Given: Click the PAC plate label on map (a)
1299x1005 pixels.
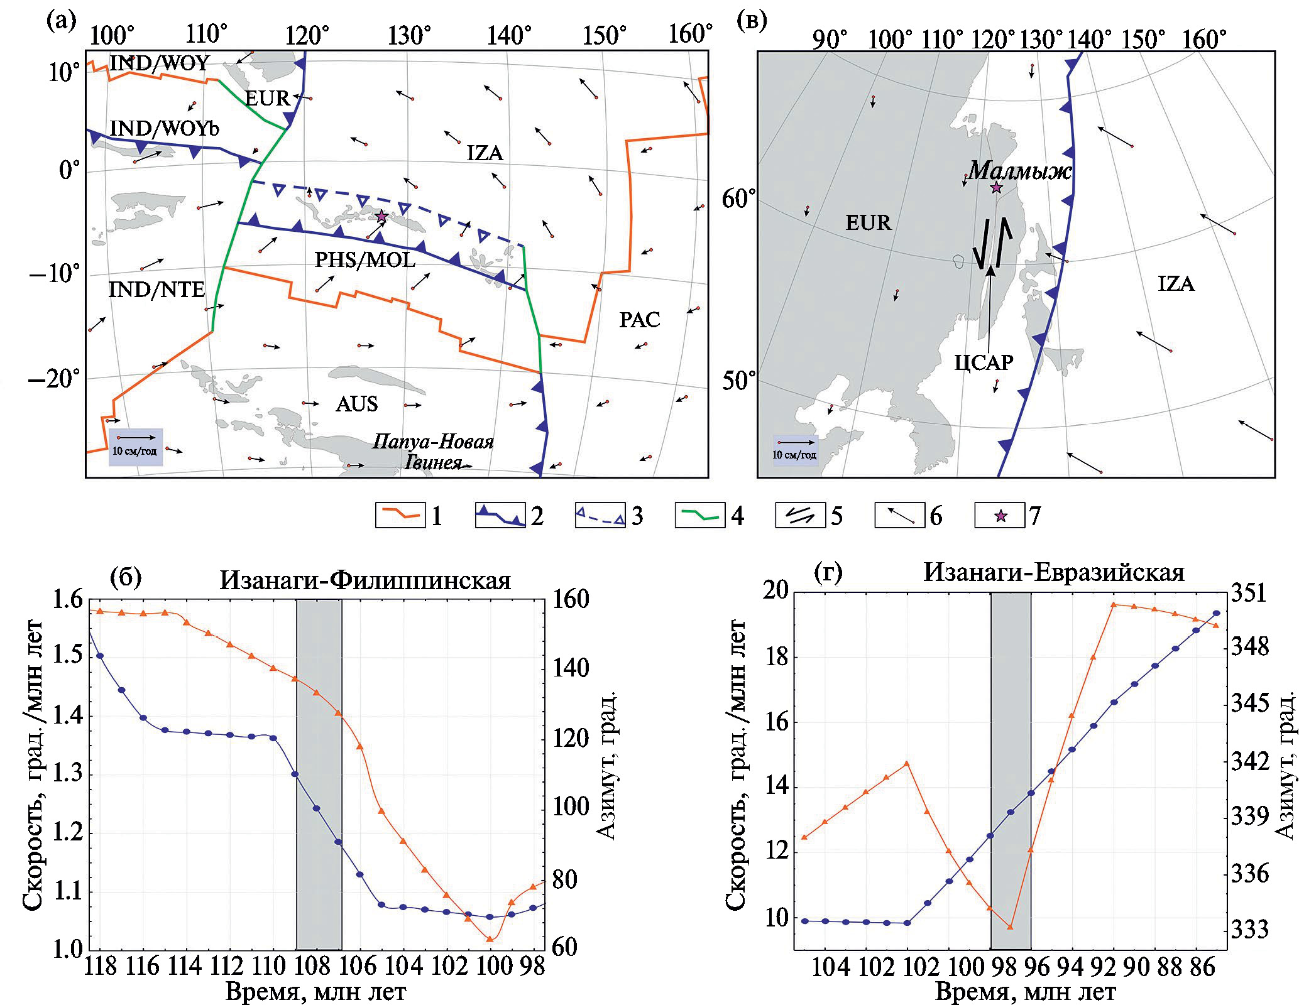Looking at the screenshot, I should point(639,320).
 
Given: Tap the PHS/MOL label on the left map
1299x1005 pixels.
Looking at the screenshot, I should point(364,259).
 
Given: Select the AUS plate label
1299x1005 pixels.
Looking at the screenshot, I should point(356,404).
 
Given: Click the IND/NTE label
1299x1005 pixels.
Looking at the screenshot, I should point(156,290).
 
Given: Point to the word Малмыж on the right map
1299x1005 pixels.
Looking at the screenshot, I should point(1019,170).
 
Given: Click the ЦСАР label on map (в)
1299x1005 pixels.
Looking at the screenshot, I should point(984,362).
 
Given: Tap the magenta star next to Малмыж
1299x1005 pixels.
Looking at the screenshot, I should point(996,188).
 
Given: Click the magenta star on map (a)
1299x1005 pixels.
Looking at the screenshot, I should point(381,216).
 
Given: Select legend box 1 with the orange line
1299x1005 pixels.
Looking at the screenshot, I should point(400,516).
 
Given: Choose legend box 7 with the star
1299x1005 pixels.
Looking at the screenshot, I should point(1000,516).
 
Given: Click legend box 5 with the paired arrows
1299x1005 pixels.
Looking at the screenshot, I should point(800,516).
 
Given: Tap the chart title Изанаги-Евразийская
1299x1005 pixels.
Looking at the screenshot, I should point(1054,572).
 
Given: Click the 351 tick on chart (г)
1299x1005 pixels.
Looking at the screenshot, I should point(1251,594).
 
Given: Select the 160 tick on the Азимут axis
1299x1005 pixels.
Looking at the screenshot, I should point(571,600).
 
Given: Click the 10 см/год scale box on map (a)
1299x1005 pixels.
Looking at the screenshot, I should point(136,447).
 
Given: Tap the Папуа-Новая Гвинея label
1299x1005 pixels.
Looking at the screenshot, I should point(433,452).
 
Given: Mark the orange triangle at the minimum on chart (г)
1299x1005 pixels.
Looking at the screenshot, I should point(1010,926).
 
